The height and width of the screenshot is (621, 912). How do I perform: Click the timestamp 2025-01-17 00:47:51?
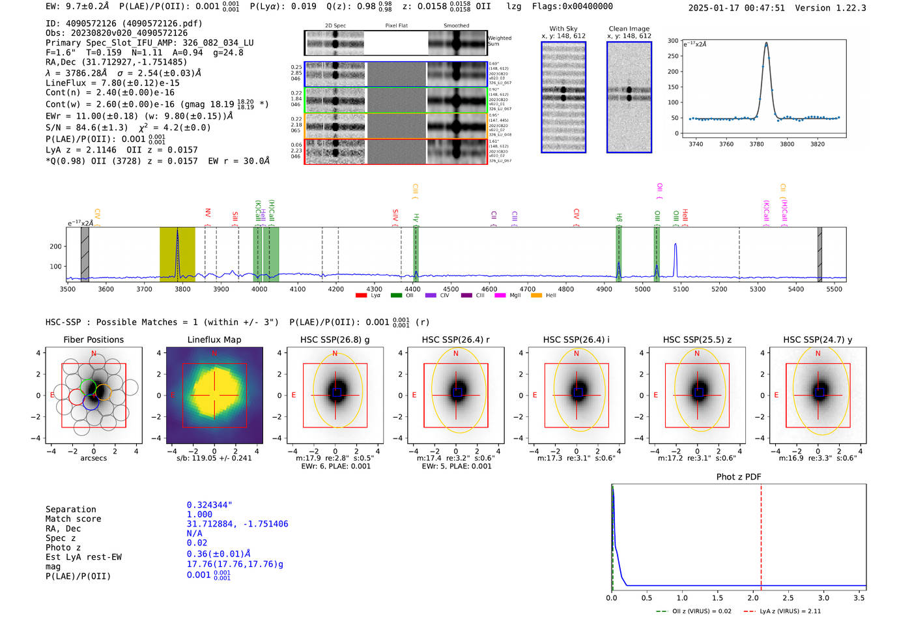point(736,8)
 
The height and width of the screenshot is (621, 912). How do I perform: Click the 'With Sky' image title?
point(563,29)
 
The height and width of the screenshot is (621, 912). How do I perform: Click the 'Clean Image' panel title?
point(629,29)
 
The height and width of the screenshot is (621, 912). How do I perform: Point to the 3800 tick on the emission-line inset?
point(787,144)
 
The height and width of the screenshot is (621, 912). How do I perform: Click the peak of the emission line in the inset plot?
point(766,44)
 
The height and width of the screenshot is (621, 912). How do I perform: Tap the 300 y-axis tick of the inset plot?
point(673,40)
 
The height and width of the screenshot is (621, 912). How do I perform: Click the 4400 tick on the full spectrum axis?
point(412,289)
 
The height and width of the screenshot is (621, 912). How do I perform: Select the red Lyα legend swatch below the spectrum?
point(362,296)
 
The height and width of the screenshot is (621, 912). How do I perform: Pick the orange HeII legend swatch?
point(536,296)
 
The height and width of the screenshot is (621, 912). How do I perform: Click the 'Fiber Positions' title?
point(93,339)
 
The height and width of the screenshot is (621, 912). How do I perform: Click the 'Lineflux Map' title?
point(214,339)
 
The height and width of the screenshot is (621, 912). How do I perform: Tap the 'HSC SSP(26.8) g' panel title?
point(335,339)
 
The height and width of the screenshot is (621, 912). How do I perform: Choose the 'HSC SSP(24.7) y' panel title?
point(818,339)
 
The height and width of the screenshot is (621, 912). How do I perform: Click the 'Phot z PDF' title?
point(739,477)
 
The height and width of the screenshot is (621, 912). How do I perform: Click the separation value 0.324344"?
point(209,505)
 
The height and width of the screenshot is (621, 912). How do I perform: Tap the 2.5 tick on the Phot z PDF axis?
point(788,598)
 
